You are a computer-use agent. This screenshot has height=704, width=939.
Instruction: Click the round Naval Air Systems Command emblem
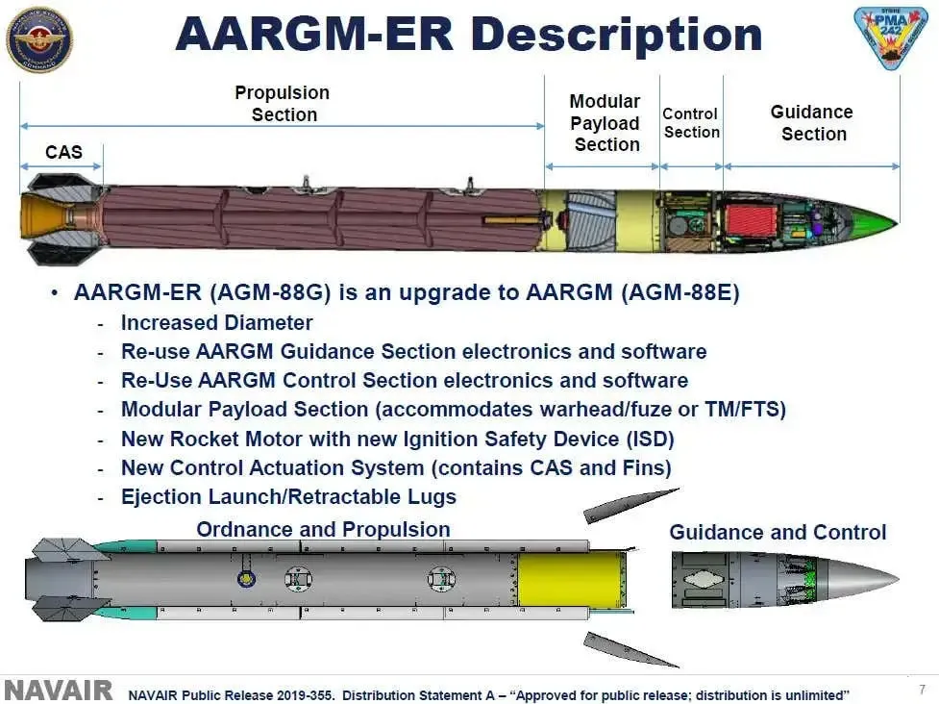click(x=38, y=38)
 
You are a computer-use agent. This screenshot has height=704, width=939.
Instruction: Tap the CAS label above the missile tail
click(x=63, y=152)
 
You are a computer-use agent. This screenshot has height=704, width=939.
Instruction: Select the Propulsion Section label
click(x=283, y=104)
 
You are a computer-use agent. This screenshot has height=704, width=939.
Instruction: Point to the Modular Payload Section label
click(x=605, y=123)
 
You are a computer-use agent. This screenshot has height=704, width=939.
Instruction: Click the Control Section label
click(x=690, y=123)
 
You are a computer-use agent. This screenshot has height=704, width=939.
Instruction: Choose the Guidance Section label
click(x=812, y=123)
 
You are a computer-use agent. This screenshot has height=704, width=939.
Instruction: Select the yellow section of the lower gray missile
click(x=558, y=578)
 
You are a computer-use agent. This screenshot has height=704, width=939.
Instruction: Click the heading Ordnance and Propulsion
click(x=323, y=529)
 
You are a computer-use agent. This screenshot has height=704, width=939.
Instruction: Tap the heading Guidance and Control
click(x=778, y=532)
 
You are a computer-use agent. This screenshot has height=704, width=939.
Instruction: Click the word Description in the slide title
click(x=615, y=35)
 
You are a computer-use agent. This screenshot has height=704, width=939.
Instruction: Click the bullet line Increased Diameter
click(x=216, y=323)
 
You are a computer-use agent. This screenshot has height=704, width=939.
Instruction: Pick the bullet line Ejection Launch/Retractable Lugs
click(x=288, y=497)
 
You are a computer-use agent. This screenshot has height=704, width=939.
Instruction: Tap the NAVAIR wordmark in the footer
click(x=59, y=691)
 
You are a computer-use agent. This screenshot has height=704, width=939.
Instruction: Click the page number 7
click(x=922, y=689)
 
